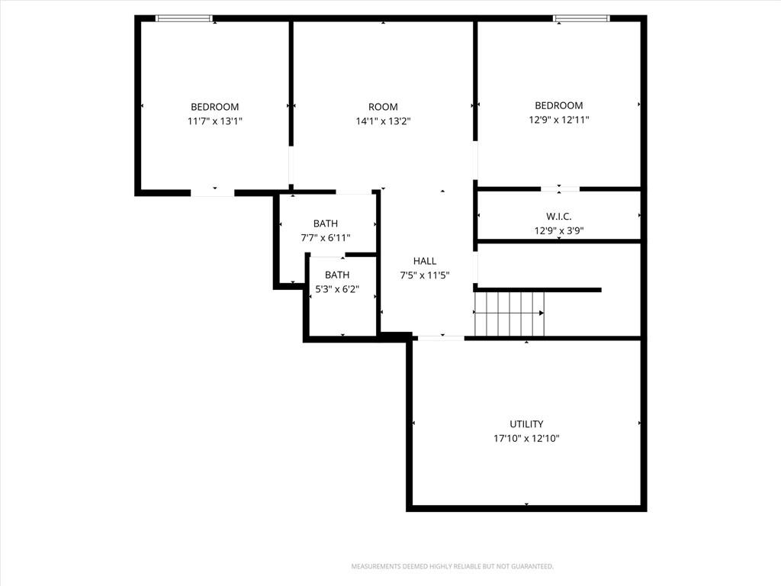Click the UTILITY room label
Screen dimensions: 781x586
click(526, 424)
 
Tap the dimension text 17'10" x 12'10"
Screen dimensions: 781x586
click(526, 439)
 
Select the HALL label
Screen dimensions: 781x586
click(424, 261)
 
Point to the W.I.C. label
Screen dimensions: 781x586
click(558, 216)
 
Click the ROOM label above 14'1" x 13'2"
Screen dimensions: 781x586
click(383, 107)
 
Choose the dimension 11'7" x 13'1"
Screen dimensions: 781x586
click(214, 121)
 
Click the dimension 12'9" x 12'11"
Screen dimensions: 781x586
click(559, 120)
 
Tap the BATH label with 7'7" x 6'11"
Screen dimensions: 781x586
click(325, 224)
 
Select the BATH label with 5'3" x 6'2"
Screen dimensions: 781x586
click(336, 275)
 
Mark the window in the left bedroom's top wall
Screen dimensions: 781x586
click(185, 18)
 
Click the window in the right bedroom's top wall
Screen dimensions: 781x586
click(581, 18)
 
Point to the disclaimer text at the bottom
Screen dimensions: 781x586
click(452, 567)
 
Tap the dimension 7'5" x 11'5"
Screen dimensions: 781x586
click(425, 275)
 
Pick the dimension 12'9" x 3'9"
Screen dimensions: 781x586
click(559, 230)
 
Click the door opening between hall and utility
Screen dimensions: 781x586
click(441, 338)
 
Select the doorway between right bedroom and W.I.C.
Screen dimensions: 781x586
click(560, 189)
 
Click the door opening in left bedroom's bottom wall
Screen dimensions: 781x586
click(212, 193)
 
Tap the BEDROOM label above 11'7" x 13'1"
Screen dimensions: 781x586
click(214, 107)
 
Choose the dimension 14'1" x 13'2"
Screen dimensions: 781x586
click(383, 121)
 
